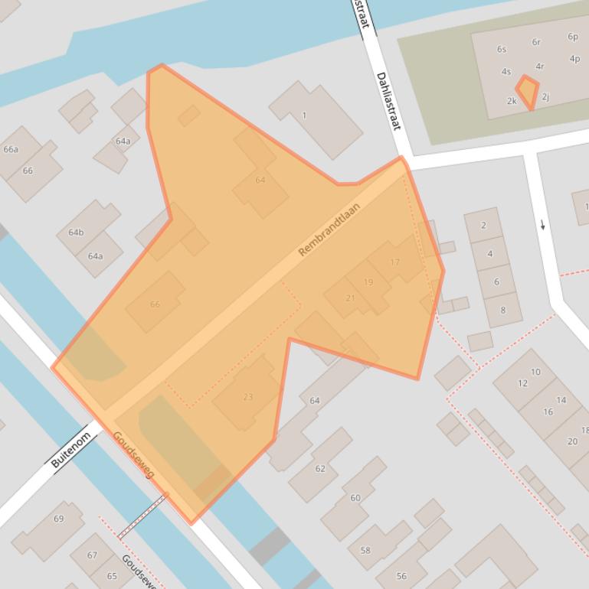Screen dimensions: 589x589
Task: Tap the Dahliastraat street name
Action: (388, 101)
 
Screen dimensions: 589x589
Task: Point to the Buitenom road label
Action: (71, 451)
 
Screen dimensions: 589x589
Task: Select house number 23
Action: (247, 397)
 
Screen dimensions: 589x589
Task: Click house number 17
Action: (394, 262)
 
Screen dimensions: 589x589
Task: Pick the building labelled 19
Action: (368, 282)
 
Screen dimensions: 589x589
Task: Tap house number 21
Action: (350, 298)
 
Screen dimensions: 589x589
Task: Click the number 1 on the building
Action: (304, 116)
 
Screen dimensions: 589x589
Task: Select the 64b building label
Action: (76, 232)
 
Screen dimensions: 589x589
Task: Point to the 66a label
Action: (11, 149)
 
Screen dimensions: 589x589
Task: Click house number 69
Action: (59, 519)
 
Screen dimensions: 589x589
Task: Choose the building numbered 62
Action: (320, 468)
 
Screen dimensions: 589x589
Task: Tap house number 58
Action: (365, 550)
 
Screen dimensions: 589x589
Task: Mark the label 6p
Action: (573, 37)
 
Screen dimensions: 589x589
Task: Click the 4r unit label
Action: (540, 67)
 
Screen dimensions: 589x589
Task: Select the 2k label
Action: (512, 101)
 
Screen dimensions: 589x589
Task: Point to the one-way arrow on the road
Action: (543, 225)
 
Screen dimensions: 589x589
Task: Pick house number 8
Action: (503, 310)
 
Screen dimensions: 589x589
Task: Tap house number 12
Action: (522, 383)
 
